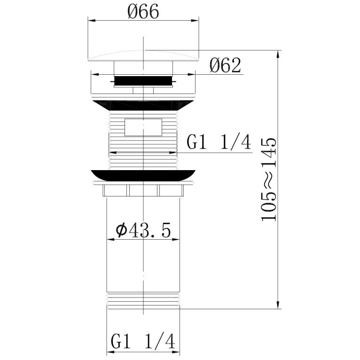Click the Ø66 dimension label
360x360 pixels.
(x=143, y=11)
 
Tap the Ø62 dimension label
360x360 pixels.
(x=225, y=65)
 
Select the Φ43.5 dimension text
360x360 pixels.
(x=143, y=230)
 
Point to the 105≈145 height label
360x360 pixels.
(x=269, y=180)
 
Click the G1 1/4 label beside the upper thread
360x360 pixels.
(x=219, y=141)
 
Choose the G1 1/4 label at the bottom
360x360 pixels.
(x=143, y=341)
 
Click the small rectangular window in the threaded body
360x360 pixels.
(x=143, y=127)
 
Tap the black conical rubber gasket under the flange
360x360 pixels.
(x=143, y=106)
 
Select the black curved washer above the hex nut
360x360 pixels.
(x=143, y=176)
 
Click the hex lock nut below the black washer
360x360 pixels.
(x=143, y=190)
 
